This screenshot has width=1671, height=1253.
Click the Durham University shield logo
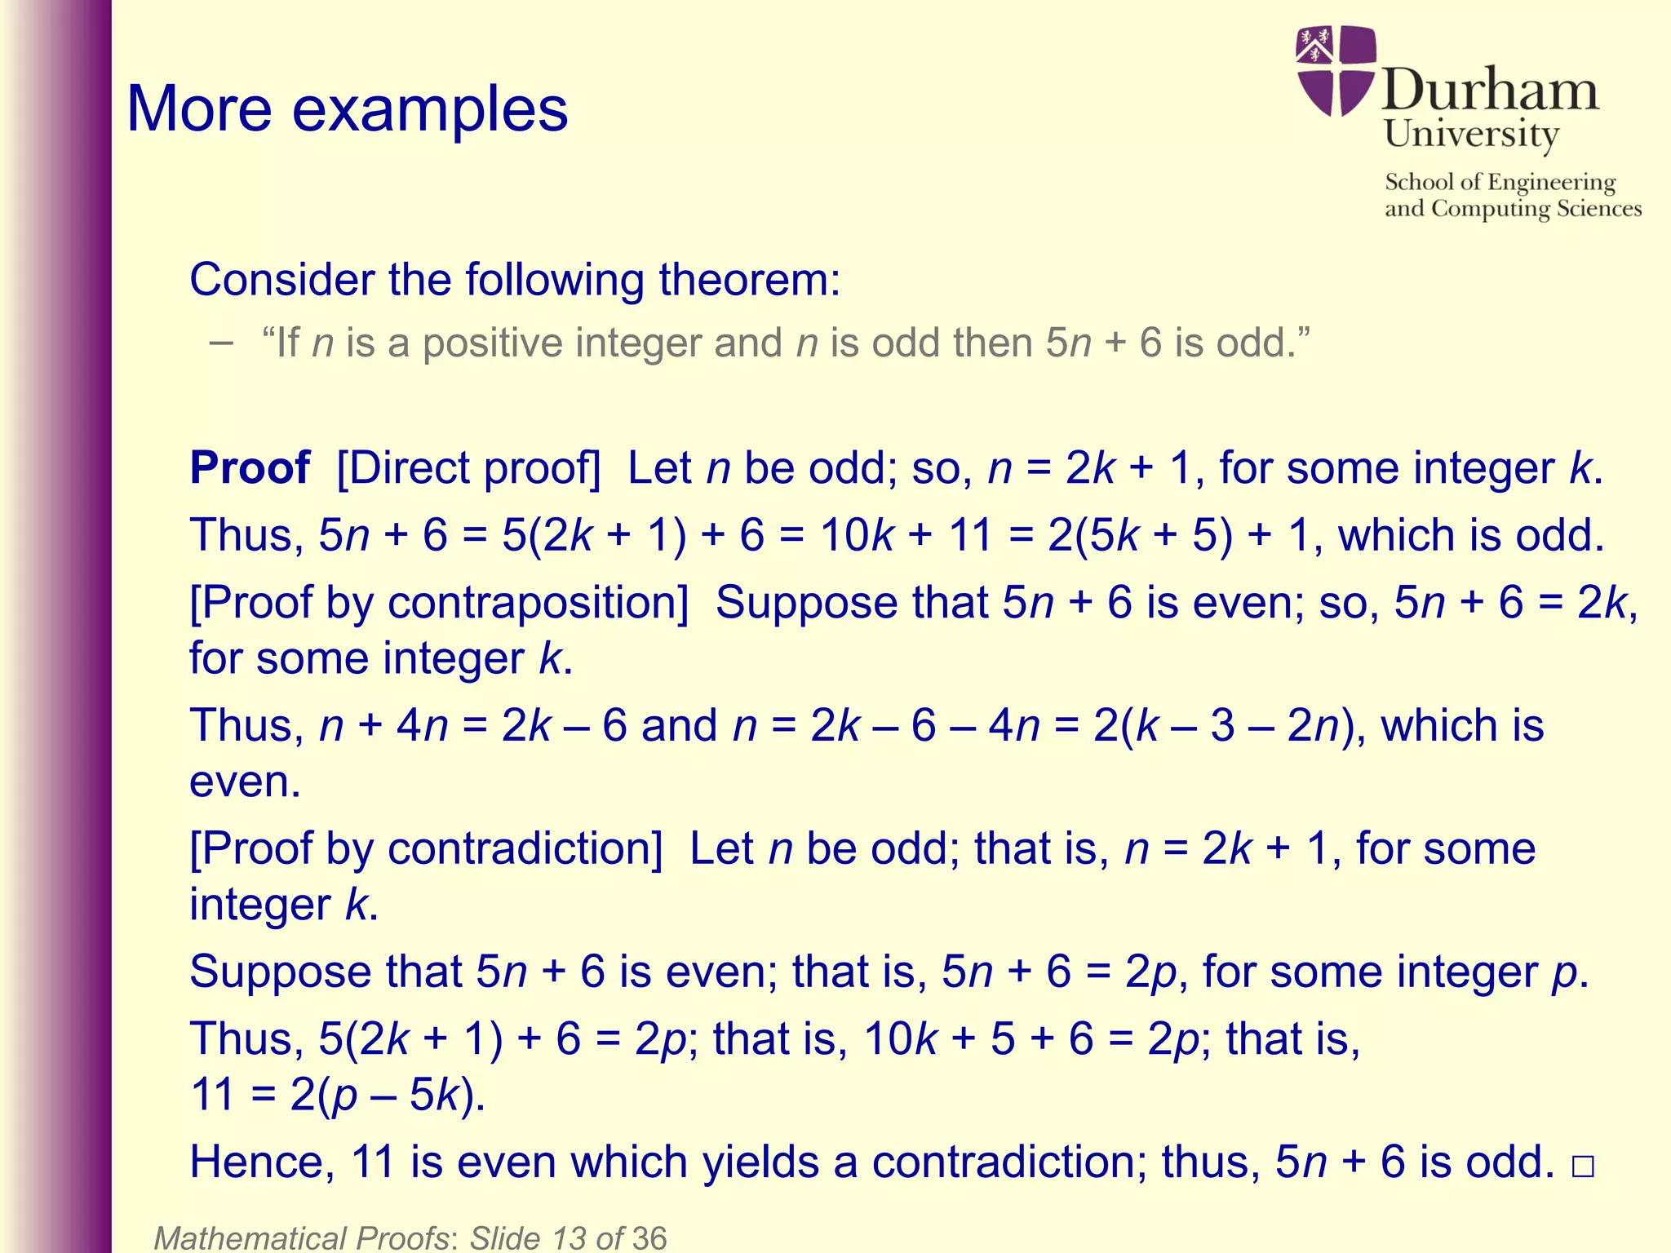(1336, 71)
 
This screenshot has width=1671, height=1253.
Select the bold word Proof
(250, 468)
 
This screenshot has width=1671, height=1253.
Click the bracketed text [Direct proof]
(468, 468)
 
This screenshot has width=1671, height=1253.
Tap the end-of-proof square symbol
(1582, 1167)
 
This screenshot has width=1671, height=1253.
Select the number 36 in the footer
(649, 1238)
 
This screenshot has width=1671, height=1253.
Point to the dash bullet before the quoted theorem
(220, 343)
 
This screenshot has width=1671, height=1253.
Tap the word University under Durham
(1471, 135)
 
